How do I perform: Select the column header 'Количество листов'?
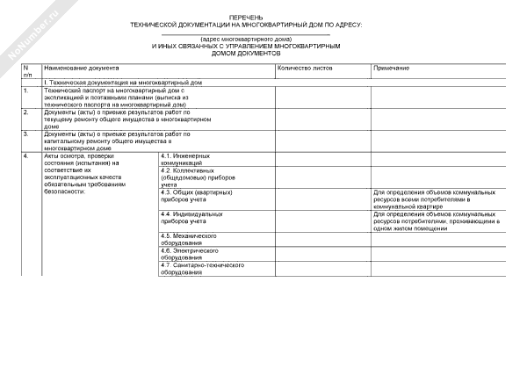304,68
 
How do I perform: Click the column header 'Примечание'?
391,68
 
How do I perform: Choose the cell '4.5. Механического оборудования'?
189,240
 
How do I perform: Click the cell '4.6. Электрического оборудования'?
189,254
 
